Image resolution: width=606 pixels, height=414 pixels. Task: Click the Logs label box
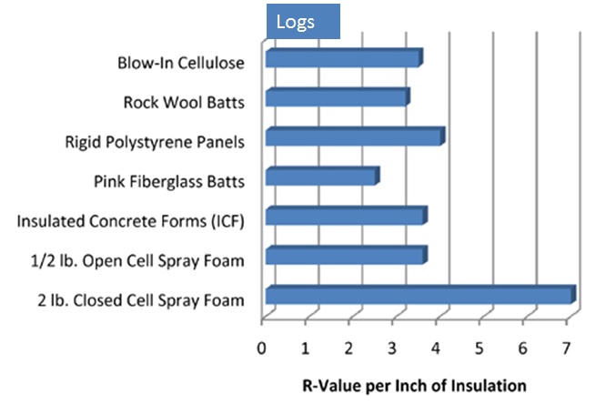(303, 21)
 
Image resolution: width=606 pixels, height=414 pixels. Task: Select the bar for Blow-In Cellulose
(344, 57)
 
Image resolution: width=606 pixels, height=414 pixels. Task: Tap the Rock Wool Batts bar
(338, 97)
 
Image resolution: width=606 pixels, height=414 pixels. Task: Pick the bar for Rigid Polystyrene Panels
(356, 136)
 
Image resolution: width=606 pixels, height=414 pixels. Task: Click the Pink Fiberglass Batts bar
(323, 176)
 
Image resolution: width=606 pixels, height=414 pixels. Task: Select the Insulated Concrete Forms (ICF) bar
(347, 216)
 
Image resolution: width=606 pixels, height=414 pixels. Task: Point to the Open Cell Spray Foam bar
(347, 255)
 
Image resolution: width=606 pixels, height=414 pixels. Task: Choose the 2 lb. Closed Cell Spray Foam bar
(421, 294)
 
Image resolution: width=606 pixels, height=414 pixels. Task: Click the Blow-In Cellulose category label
(181, 63)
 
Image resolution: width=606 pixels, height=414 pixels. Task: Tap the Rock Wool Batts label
(184, 103)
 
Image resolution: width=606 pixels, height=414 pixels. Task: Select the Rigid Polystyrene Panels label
(155, 142)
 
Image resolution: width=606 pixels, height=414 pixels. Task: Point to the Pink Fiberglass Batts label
(169, 182)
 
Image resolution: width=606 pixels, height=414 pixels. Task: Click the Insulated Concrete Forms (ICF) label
(131, 221)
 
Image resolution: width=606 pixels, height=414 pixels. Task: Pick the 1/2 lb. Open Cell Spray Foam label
(137, 261)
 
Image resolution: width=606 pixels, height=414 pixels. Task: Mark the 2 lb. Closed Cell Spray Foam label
(141, 300)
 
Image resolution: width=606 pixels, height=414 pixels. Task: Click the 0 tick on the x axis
(262, 348)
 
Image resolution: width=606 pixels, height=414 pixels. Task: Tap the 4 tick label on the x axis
(436, 348)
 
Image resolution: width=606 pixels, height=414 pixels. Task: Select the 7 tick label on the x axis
(566, 348)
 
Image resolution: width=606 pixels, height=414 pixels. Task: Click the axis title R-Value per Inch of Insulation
(414, 386)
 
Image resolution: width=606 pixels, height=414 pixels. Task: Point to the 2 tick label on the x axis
(348, 348)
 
